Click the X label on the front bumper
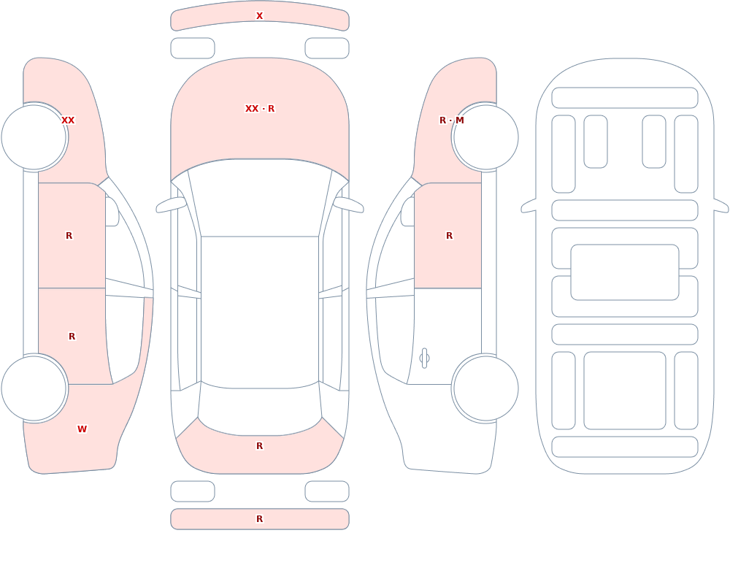(x=259, y=16)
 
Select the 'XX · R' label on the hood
(x=260, y=109)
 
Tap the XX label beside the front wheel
(x=68, y=120)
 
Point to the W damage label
(x=82, y=429)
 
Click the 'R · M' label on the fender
(x=452, y=120)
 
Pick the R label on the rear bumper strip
(x=259, y=519)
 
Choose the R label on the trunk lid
(x=259, y=446)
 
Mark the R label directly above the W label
(x=72, y=337)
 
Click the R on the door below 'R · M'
(x=449, y=236)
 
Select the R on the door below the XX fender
(x=69, y=236)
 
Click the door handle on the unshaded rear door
(x=424, y=358)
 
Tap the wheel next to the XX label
(x=34, y=137)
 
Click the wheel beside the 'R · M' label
(x=485, y=137)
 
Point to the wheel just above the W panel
(x=34, y=388)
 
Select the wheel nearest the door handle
(x=485, y=388)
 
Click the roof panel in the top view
(x=260, y=311)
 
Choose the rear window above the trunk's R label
(x=260, y=409)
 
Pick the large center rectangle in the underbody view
(x=625, y=272)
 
